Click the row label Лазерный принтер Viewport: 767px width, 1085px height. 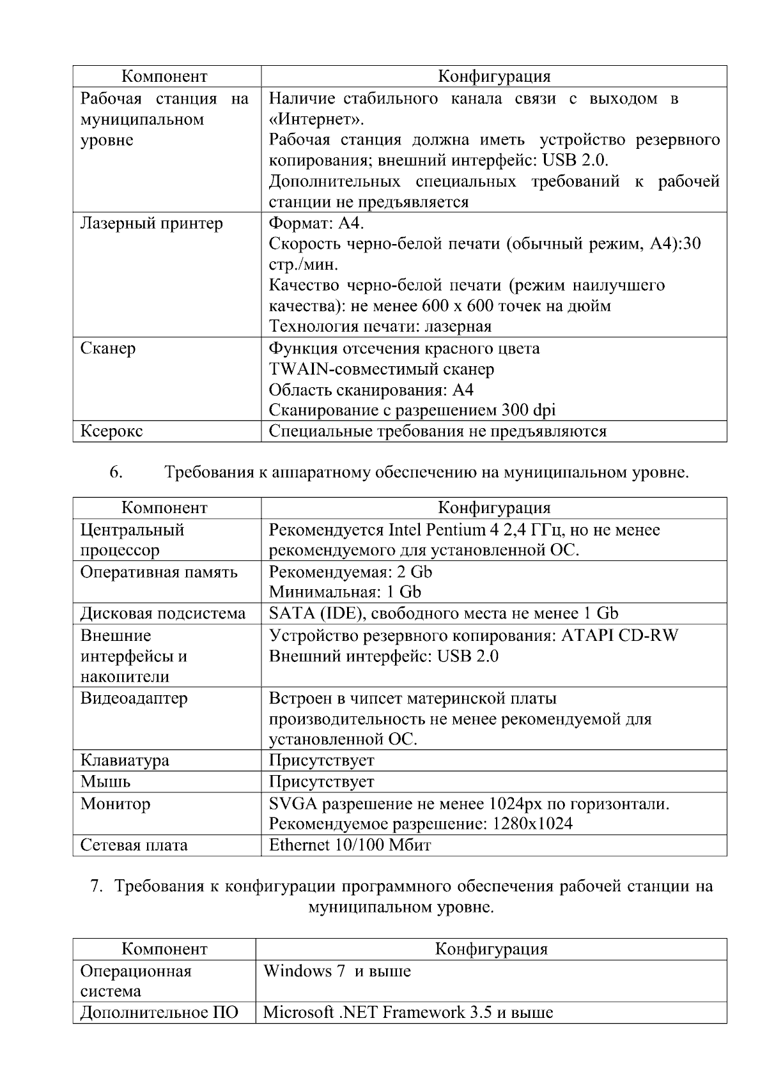coord(151,224)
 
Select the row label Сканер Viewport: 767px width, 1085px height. coord(108,349)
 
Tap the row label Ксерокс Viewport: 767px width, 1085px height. coord(111,431)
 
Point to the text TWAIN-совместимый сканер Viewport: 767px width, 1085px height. coord(381,369)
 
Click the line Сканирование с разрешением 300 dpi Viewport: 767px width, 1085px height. coord(412,410)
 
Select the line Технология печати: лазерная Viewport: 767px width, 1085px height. coord(380,327)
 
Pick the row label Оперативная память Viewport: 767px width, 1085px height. coord(159,572)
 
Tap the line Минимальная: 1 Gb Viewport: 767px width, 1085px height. coord(345,592)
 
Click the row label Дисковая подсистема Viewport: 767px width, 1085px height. coord(162,614)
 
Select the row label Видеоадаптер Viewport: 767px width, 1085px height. coord(134,698)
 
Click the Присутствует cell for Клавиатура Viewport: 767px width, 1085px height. coord(321,760)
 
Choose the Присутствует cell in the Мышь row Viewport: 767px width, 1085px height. coord(321,782)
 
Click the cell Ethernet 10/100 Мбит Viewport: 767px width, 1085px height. coord(350,845)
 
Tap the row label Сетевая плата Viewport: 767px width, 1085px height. coord(134,845)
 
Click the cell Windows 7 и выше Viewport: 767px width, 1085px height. coord(337,972)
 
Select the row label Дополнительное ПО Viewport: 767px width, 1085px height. coord(159,1013)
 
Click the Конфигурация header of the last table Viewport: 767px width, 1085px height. coord(491,950)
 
